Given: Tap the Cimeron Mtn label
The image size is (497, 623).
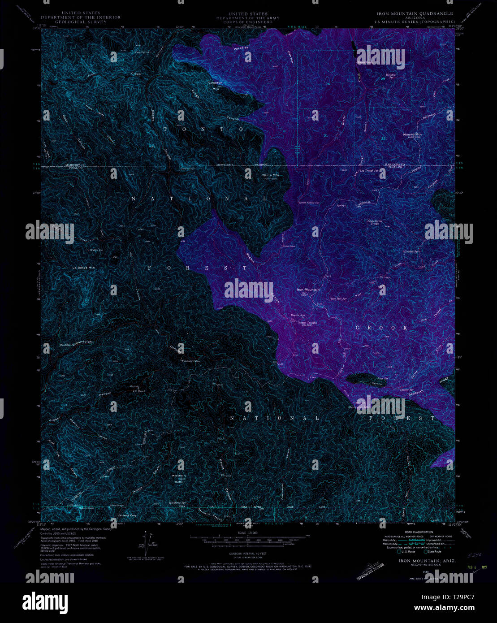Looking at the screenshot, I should click(216, 86).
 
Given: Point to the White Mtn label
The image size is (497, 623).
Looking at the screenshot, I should click(270, 175).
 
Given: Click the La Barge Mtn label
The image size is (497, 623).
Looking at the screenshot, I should click(83, 268).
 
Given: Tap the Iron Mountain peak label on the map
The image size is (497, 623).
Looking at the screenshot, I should click(308, 290).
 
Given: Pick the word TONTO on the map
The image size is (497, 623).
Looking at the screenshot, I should click(203, 129).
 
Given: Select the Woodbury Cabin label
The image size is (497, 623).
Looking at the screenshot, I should click(190, 361).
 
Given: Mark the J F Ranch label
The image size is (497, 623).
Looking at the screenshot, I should click(139, 391).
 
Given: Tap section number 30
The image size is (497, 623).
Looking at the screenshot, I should click(328, 84).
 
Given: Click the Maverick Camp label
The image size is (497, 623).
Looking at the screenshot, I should click(127, 515).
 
